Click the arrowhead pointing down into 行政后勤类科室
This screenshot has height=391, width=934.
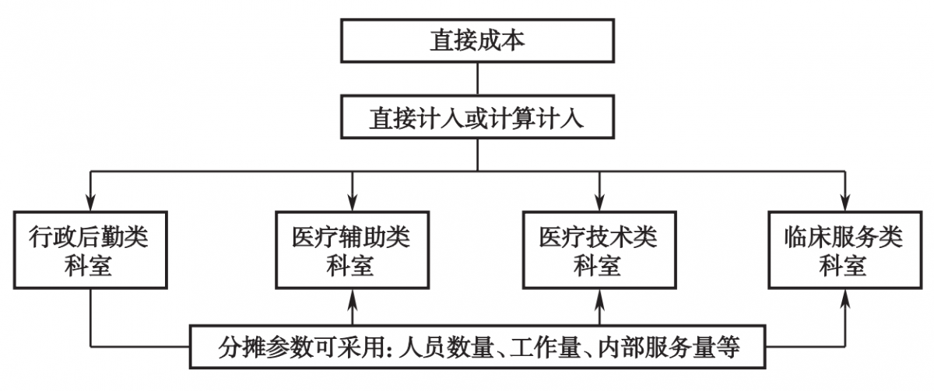pos(90,202)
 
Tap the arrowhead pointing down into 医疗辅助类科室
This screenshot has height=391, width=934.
pos(353,202)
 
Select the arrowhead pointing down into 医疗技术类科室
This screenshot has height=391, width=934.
pos(599,202)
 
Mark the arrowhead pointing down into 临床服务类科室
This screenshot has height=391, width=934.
pos(845,202)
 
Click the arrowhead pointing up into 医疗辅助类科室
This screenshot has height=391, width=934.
pos(353,298)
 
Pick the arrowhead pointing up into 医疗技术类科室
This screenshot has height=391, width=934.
pos(599,298)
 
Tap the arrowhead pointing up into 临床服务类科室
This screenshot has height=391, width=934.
pos(845,298)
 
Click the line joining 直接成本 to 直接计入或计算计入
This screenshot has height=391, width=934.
pos(477,79)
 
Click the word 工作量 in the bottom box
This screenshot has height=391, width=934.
pos(546,347)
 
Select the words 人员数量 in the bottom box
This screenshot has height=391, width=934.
pos(446,347)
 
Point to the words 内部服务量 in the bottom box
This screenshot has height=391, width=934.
pos(657,347)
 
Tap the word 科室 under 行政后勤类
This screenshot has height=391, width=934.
pos(88,266)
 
